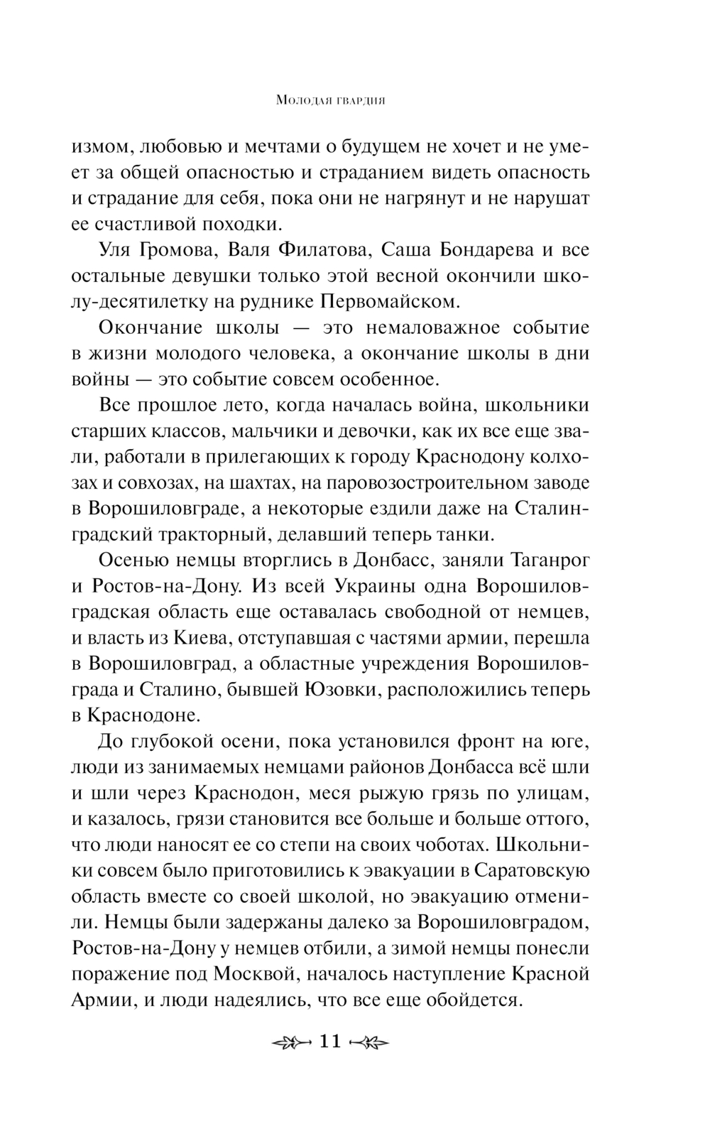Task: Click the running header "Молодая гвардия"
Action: (x=330, y=101)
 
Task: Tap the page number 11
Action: (x=331, y=1041)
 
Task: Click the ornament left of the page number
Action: (x=292, y=1042)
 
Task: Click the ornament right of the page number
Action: (x=371, y=1042)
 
